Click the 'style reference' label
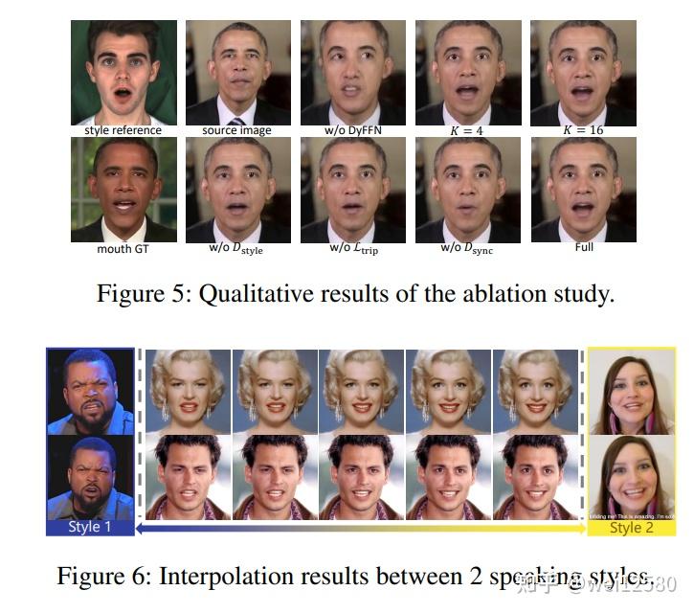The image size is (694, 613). click(x=123, y=130)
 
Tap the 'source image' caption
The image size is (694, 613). click(x=236, y=130)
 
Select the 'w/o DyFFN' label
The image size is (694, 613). click(x=352, y=130)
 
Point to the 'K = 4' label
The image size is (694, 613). click(x=468, y=130)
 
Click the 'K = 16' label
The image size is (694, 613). click(x=584, y=130)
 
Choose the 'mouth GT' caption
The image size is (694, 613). click(x=123, y=248)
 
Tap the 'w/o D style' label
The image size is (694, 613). click(x=237, y=249)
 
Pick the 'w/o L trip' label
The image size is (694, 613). click(x=352, y=249)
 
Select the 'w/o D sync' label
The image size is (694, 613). click(x=468, y=249)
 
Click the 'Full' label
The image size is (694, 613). click(x=584, y=247)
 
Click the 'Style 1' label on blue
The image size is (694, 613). click(x=90, y=528)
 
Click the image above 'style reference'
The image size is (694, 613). click(x=123, y=72)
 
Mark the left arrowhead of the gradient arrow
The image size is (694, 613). click(x=139, y=528)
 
